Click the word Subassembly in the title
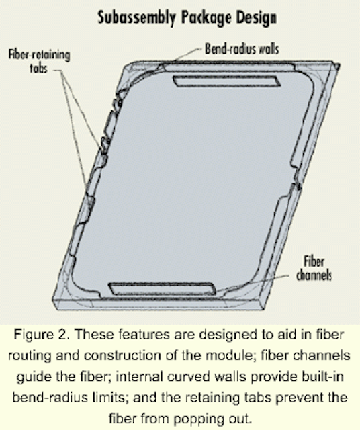point(136,18)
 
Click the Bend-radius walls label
point(242,49)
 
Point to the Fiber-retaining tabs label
point(39,61)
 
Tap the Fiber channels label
point(314,269)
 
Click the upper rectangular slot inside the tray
point(227,81)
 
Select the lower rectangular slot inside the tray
point(163,289)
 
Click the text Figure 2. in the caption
point(42,335)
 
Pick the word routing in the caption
point(30,356)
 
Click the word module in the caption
point(230,355)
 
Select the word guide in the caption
point(34,377)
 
